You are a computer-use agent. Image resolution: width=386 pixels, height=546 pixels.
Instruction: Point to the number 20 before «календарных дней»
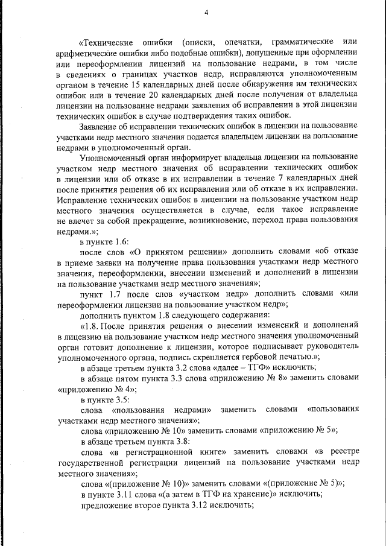[154, 95]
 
